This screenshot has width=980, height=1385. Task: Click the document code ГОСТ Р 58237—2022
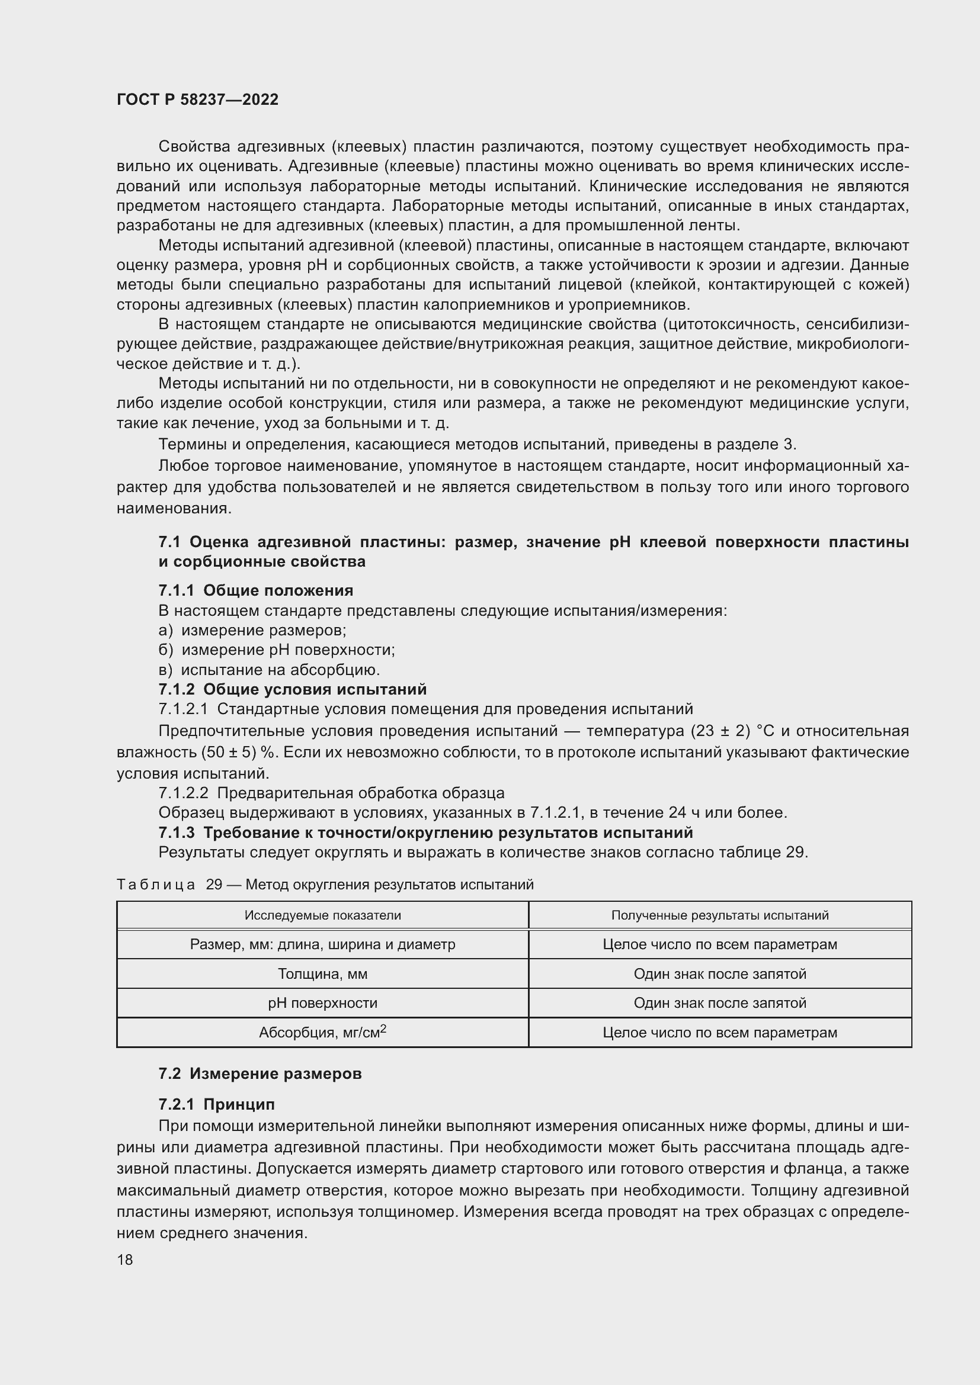click(x=197, y=99)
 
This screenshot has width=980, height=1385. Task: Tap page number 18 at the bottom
click(x=125, y=1259)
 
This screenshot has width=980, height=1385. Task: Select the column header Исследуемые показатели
click(x=322, y=915)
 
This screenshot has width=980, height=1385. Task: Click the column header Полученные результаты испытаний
click(x=719, y=915)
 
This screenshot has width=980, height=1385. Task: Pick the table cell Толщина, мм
click(x=322, y=973)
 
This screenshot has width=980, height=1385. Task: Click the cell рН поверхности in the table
click(x=322, y=1002)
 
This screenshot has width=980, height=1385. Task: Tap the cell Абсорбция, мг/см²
click(x=322, y=1032)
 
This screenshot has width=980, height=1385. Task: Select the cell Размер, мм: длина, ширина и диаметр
click(x=322, y=944)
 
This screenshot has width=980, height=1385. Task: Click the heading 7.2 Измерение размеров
click(x=260, y=1074)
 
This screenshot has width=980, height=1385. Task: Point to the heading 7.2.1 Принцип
click(x=217, y=1104)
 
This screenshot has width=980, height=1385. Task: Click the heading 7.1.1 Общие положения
click(x=256, y=590)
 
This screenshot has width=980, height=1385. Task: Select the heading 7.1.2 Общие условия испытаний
click(x=292, y=689)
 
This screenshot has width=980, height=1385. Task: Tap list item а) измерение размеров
click(x=252, y=631)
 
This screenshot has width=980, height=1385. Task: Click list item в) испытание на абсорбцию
click(x=269, y=670)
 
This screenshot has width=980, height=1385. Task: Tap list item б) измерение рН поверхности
click(x=276, y=650)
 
